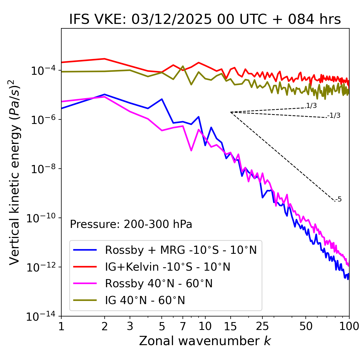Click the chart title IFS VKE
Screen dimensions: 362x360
click(x=205, y=19)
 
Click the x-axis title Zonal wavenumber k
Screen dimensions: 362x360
click(x=205, y=341)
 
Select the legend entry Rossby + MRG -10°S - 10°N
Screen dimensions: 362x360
click(x=181, y=250)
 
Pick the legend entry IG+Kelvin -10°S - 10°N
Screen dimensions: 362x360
click(x=168, y=267)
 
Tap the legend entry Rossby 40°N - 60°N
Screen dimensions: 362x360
click(x=159, y=284)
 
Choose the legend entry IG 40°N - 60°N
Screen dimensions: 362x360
click(x=145, y=300)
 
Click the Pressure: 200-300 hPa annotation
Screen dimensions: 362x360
click(x=131, y=224)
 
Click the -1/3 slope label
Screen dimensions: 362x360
click(x=334, y=116)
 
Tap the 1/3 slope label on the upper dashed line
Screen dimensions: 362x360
click(x=311, y=106)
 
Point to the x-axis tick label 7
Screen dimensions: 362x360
click(x=183, y=326)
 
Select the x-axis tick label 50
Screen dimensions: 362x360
click(x=306, y=326)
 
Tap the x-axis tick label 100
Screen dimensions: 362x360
click(x=349, y=326)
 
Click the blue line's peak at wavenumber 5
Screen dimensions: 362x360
click(x=162, y=99)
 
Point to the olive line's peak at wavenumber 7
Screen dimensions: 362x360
click(x=183, y=66)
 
